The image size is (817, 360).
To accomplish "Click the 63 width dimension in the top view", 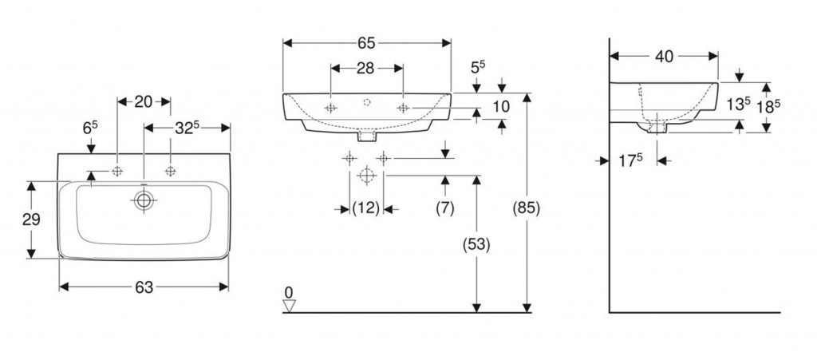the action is click(144, 287).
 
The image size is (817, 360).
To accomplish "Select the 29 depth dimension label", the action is click(31, 220).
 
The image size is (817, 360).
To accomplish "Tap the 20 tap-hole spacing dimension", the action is click(144, 101).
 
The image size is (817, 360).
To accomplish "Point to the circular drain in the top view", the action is click(144, 200).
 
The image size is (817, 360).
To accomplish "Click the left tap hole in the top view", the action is click(117, 171).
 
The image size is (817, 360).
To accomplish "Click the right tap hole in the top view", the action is click(171, 171).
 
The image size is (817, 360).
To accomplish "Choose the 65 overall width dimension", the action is click(366, 43).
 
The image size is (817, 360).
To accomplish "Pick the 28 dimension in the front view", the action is click(365, 68).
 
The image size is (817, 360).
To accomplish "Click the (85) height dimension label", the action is click(527, 208).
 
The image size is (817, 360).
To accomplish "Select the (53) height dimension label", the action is click(476, 245).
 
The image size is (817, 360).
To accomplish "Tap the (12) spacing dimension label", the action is click(365, 208).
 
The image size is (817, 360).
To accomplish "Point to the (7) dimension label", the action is click(445, 208).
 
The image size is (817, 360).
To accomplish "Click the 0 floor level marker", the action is click(289, 292).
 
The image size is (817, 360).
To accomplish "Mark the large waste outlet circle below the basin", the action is click(367, 175).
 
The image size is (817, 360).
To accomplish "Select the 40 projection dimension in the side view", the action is click(664, 56).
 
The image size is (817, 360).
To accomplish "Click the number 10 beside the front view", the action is click(501, 106).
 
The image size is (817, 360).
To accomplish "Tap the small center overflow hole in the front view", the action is click(367, 102).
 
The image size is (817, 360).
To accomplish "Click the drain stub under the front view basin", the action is click(367, 136).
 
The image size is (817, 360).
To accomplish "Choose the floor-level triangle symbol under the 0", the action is click(289, 306).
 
